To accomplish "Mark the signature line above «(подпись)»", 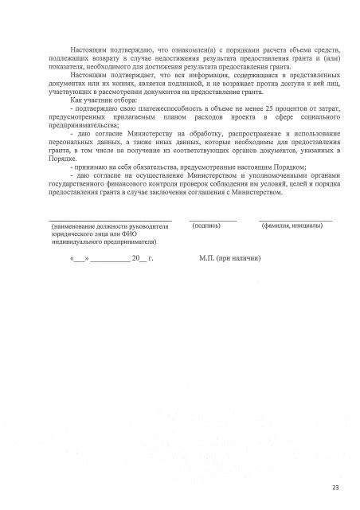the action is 213,220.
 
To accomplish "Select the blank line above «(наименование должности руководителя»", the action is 110,220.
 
